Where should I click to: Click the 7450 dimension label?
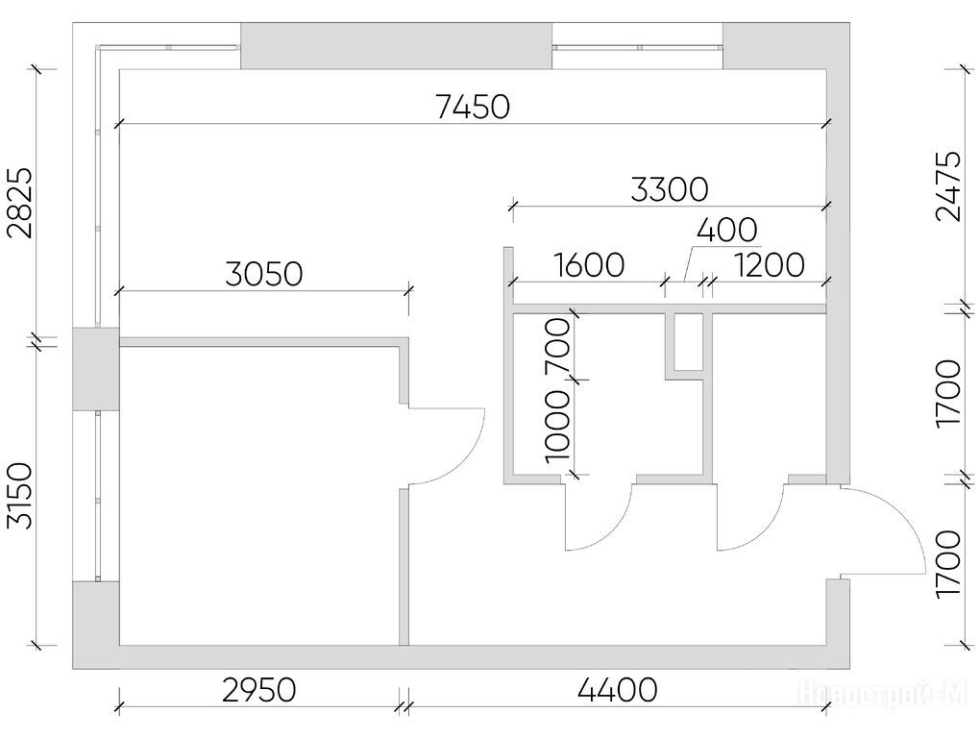pyautogui.click(x=473, y=107)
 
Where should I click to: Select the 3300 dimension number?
pyautogui.click(x=670, y=190)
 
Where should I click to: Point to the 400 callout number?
pyautogui.click(x=727, y=230)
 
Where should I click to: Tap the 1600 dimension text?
pyautogui.click(x=589, y=265)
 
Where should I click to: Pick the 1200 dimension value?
pyautogui.click(x=769, y=265)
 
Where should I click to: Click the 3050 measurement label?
pyautogui.click(x=264, y=274)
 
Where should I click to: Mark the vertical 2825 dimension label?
pyautogui.click(x=19, y=204)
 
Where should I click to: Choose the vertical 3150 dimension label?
pyautogui.click(x=19, y=496)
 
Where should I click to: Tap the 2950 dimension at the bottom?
pyautogui.click(x=258, y=691)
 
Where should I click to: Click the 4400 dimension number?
pyautogui.click(x=618, y=691)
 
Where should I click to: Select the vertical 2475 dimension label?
pyautogui.click(x=948, y=186)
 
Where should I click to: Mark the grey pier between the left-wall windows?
pyautogui.click(x=96, y=369)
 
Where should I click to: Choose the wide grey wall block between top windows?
pyautogui.click(x=396, y=45)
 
